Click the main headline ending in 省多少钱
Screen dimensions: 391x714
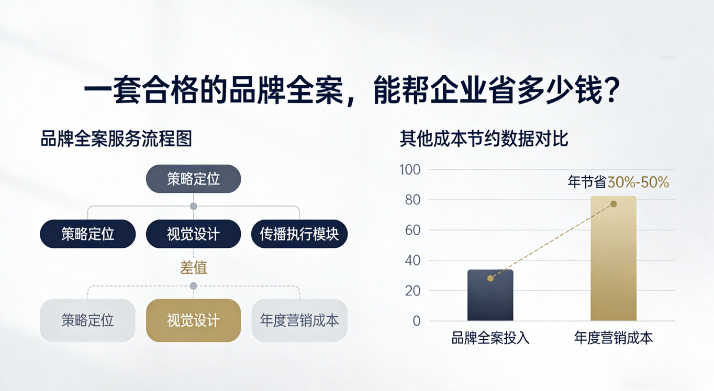(x=352, y=92)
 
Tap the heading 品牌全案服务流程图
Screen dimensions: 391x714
(x=116, y=139)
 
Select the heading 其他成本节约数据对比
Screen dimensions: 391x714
(x=484, y=139)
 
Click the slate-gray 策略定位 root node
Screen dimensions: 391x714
(x=193, y=179)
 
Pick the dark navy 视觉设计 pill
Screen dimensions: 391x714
(x=193, y=234)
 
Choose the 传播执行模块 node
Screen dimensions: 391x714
(x=299, y=234)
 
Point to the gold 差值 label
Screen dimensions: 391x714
(x=193, y=268)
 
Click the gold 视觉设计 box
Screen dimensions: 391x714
(x=193, y=320)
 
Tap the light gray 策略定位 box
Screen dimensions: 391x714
(x=87, y=320)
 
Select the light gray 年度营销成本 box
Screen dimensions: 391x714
(x=299, y=320)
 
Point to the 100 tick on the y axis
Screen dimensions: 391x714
(x=409, y=170)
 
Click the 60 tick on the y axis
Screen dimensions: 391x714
(x=412, y=230)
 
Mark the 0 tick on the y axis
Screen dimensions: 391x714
(x=417, y=321)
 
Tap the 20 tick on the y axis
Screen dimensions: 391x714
(x=412, y=291)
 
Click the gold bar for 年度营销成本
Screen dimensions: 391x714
(x=613, y=261)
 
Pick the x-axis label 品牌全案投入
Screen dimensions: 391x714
(x=490, y=338)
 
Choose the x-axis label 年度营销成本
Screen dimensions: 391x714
(x=613, y=338)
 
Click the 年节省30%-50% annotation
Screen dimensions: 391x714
(x=618, y=182)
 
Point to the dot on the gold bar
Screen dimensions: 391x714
(x=613, y=204)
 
